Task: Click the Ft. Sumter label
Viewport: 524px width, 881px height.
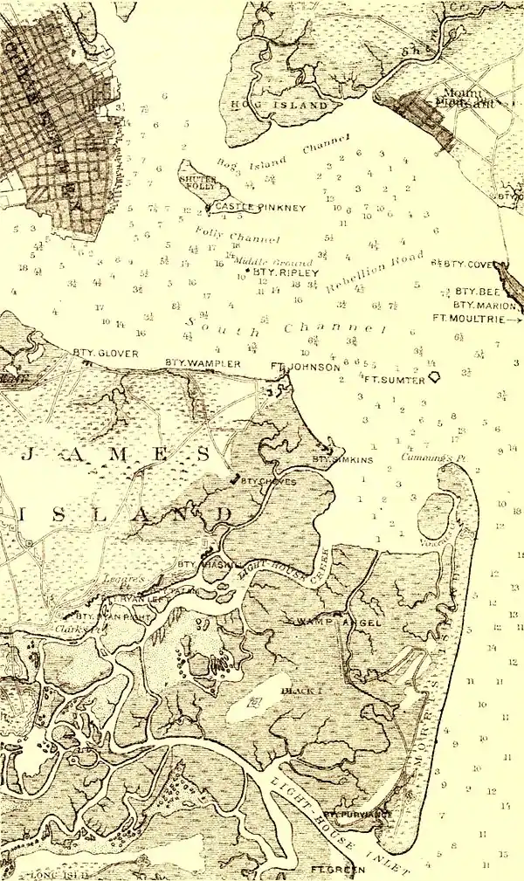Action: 394,381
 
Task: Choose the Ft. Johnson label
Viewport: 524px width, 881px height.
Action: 305,368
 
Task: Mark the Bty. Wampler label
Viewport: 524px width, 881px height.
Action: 190,362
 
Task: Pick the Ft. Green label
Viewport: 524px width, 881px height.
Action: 336,871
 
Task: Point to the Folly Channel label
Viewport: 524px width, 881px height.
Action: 255,237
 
